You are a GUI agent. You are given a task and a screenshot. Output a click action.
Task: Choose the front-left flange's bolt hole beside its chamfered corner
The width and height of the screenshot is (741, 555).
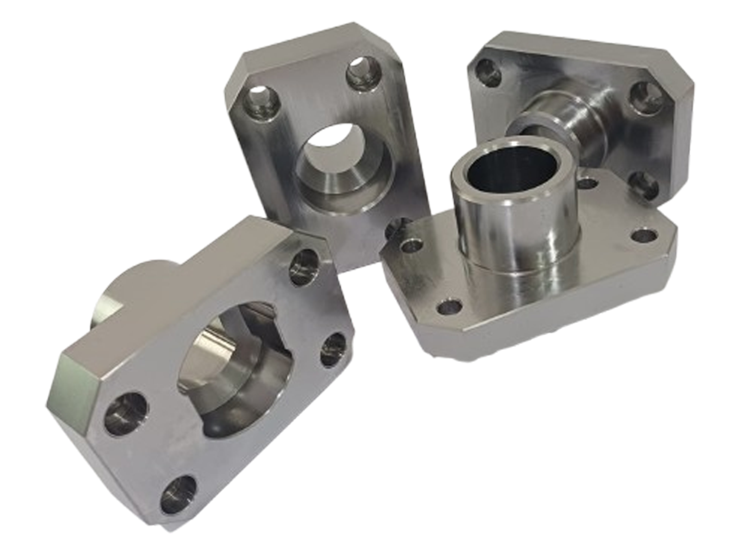coord(125,410)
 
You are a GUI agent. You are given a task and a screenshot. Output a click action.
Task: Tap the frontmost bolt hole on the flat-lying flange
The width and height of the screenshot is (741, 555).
coord(449,306)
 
